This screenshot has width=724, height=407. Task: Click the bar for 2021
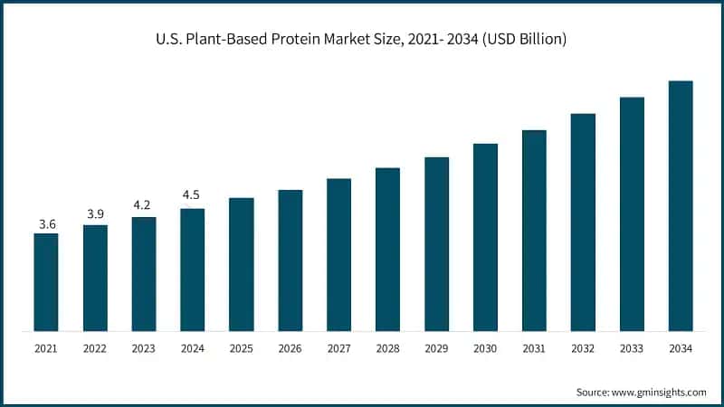tap(46, 282)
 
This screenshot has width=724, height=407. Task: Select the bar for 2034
tap(681, 206)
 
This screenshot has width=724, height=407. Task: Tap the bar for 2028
tap(387, 250)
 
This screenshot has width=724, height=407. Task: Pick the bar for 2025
tap(241, 264)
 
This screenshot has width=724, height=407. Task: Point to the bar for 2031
tap(534, 231)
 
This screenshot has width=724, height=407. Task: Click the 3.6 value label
tap(46, 223)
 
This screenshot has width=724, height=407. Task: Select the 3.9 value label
tap(95, 214)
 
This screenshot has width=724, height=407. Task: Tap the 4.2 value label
tap(144, 206)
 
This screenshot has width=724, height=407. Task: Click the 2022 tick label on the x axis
tap(95, 348)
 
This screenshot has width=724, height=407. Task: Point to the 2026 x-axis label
tap(290, 348)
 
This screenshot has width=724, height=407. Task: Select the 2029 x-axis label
tap(436, 348)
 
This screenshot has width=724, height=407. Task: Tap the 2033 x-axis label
tap(632, 348)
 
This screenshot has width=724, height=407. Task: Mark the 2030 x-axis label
tap(485, 348)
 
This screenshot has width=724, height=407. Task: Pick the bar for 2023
tap(144, 274)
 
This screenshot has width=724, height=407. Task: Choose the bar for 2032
tap(583, 222)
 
